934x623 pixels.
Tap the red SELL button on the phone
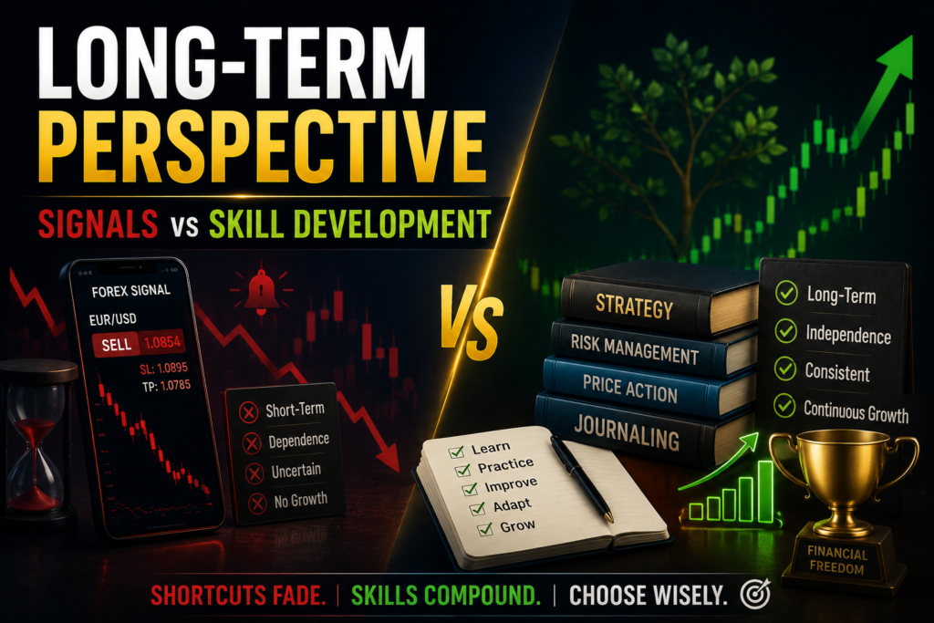[x=116, y=345]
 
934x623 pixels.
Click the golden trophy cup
[x=842, y=483]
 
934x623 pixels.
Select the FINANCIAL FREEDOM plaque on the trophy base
[x=836, y=560]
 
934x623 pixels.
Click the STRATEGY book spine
[x=634, y=306]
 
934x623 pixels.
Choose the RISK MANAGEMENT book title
[x=634, y=348]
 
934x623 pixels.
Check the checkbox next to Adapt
[x=477, y=508]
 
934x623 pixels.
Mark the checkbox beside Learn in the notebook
[x=456, y=452]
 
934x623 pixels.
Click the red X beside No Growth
[x=257, y=504]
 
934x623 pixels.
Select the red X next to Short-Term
[x=248, y=412]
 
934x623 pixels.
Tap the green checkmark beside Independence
[x=785, y=331]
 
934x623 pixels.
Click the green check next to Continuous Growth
[x=784, y=406]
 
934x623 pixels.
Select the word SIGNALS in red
[x=99, y=223]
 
